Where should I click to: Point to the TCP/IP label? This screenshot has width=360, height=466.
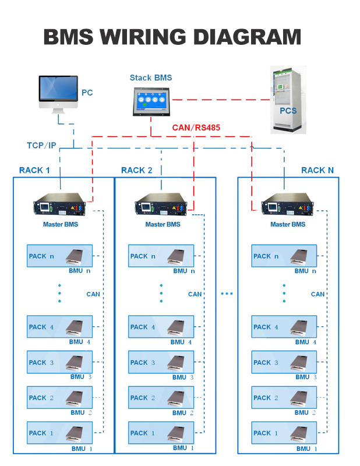41,145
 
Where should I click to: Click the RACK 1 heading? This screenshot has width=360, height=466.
34,170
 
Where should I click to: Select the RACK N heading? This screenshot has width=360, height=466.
317,170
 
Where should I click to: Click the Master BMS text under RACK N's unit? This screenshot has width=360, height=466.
290,224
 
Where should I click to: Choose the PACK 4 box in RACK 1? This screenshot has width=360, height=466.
60,327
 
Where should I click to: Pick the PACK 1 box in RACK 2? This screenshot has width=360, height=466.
161,433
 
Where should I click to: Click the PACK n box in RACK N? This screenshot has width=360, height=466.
284,256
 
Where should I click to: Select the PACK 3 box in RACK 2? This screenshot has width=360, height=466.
161,362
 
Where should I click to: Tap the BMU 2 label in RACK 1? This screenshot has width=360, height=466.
81,412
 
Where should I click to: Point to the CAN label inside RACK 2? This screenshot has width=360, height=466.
195,294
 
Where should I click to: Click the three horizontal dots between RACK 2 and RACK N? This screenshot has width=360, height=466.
227,294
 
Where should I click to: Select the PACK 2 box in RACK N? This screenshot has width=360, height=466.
284,398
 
